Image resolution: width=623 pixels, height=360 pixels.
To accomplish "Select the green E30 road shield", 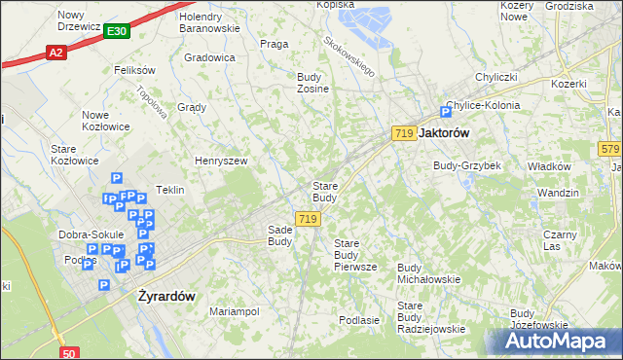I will (117, 32).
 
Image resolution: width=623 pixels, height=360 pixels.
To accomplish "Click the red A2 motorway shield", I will (55, 53).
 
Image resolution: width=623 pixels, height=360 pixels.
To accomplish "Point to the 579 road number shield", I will (610, 148).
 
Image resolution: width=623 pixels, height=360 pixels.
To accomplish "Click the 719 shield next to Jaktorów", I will (404, 132).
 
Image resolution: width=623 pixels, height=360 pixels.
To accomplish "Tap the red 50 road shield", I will (68, 353).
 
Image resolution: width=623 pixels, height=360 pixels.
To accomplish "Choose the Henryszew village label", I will (221, 161).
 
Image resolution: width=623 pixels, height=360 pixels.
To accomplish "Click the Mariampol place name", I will (235, 311).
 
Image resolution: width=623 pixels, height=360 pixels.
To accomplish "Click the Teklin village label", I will (170, 190).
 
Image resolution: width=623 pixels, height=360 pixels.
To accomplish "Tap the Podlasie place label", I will (358, 319).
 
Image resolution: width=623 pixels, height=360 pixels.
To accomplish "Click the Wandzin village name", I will (558, 193).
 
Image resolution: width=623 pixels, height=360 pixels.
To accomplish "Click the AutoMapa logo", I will (560, 341).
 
